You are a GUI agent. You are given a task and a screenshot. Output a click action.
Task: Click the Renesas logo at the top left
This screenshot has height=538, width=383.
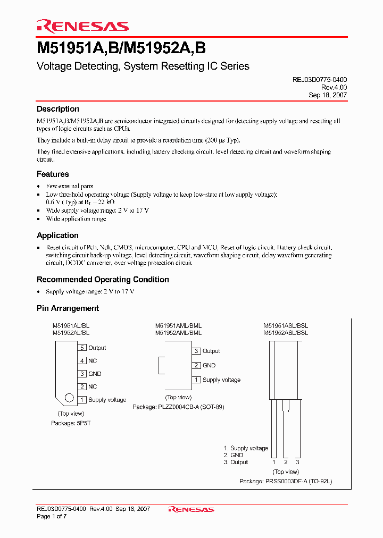(82, 26)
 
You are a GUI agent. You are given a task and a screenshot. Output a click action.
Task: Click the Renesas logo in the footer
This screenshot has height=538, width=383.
(191, 509)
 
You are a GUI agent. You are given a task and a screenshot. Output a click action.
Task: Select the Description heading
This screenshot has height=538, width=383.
(57, 109)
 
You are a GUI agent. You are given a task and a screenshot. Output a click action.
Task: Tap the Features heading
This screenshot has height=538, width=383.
(53, 174)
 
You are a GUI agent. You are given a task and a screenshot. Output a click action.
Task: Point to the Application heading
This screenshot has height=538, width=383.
(57, 235)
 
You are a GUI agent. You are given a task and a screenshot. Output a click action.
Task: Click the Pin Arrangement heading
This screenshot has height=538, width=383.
(68, 308)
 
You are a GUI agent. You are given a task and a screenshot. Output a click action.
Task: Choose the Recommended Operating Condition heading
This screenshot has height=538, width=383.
(103, 280)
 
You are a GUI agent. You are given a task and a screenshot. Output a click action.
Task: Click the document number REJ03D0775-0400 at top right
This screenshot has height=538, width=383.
(320, 79)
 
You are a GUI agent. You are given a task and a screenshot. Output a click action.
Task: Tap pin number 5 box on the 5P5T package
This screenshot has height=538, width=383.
(82, 348)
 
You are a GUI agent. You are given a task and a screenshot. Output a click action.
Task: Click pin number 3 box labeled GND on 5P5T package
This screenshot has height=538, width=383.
(82, 374)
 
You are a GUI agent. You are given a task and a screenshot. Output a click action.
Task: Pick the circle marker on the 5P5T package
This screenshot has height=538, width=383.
(69, 398)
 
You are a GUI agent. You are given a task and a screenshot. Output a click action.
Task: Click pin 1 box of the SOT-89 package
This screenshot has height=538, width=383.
(196, 380)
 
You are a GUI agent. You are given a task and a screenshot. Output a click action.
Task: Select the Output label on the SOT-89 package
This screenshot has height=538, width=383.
(211, 351)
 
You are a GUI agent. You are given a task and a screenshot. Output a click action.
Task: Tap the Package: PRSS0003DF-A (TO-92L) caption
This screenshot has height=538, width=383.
(286, 481)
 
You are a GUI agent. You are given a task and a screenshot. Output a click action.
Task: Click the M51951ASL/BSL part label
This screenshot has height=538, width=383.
(286, 326)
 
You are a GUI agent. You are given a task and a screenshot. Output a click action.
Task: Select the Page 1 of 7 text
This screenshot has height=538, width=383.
(52, 516)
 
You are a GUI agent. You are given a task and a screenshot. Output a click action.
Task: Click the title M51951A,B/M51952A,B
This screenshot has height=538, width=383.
(121, 48)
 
